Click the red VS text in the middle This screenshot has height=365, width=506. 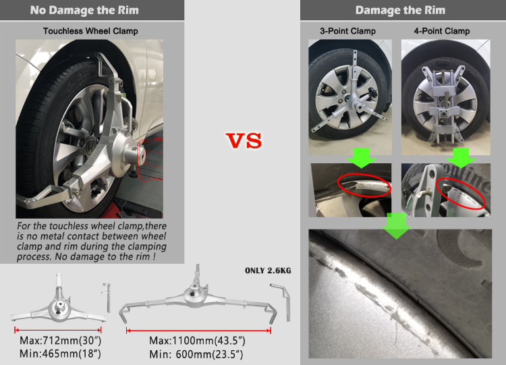point(243,141)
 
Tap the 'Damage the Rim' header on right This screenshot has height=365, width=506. point(399,10)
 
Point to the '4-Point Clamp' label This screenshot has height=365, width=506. point(442,31)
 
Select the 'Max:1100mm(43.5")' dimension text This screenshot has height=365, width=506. point(196,341)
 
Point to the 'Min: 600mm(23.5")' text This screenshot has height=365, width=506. point(196,354)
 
